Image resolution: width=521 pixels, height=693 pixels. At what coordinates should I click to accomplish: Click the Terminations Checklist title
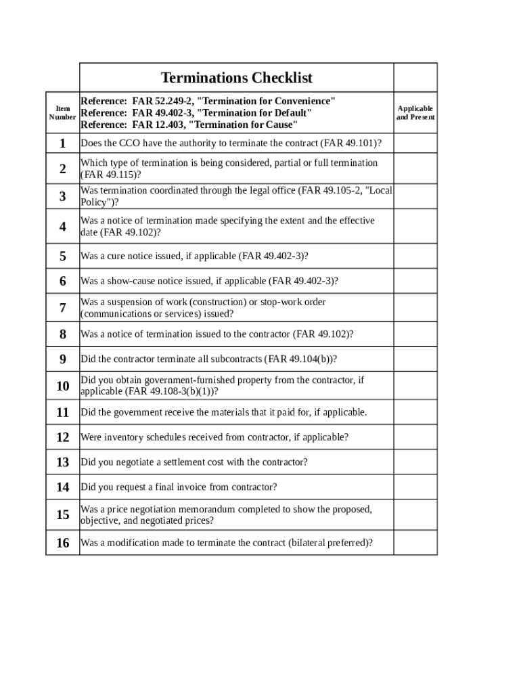[236, 78]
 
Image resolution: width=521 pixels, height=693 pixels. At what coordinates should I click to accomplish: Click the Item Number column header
[62, 112]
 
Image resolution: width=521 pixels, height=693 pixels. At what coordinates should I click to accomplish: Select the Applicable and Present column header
[415, 112]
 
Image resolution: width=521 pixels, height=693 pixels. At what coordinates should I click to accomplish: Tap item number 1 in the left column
[62, 143]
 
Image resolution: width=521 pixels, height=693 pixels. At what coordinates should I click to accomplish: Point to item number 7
[62, 308]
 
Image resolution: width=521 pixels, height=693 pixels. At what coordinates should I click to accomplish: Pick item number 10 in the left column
[62, 386]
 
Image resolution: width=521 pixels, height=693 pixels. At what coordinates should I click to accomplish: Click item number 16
[62, 543]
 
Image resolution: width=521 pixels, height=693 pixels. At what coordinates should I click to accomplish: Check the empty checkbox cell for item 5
[415, 256]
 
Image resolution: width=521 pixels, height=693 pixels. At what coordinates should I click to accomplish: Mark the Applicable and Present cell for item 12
[415, 437]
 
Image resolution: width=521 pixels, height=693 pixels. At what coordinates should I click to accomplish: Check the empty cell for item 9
[415, 359]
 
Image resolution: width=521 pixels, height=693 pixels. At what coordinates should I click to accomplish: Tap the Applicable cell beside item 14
[415, 487]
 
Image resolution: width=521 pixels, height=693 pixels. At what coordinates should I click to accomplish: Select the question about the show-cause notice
[209, 281]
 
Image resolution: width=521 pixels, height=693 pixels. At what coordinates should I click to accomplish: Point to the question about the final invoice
[179, 487]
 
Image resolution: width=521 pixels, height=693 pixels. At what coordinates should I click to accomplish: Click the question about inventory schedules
[214, 437]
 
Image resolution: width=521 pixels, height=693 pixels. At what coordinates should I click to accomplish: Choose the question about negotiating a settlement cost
[194, 462]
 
